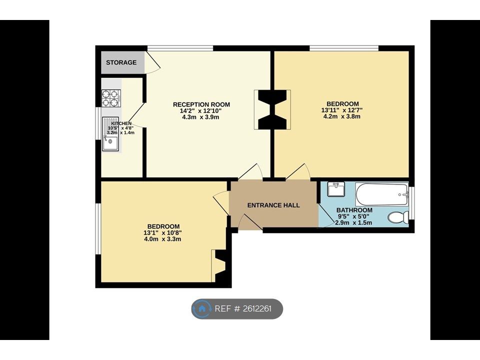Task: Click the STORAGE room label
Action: (121, 62)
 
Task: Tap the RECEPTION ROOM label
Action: (201, 104)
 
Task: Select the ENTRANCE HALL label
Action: (273, 205)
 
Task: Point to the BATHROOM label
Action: (354, 210)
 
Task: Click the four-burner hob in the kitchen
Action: (111, 98)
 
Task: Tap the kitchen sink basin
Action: (110, 143)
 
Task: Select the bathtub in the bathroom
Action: (381, 194)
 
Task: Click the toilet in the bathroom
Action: (398, 217)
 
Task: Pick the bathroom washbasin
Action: (336, 189)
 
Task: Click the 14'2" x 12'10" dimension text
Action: (200, 111)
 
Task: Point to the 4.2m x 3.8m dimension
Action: (341, 116)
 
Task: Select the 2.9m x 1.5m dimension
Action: (353, 222)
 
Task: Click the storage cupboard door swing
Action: (152, 62)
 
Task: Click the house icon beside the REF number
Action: (201, 308)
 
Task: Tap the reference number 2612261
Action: (257, 308)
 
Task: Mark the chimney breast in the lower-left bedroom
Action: (220, 265)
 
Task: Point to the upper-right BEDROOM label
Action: (342, 104)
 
